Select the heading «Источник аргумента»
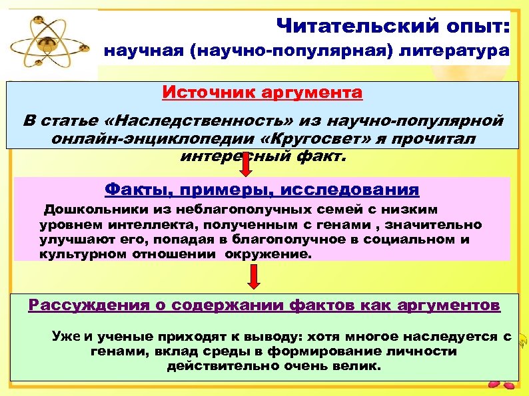(x=263, y=92)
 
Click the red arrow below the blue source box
(x=246, y=164)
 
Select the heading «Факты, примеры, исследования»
(x=263, y=190)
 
